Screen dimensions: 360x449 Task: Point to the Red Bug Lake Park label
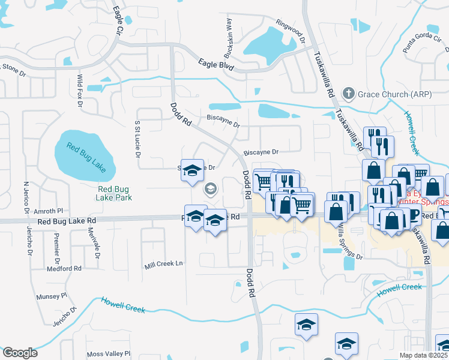[x=115, y=192]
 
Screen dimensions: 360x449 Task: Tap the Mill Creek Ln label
[x=163, y=265]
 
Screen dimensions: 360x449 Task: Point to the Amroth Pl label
[x=48, y=211]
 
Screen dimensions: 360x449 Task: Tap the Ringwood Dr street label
[x=291, y=31]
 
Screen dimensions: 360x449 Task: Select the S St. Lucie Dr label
[x=137, y=139]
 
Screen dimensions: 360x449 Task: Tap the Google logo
[x=19, y=353]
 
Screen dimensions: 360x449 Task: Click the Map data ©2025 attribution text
[x=424, y=355]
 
